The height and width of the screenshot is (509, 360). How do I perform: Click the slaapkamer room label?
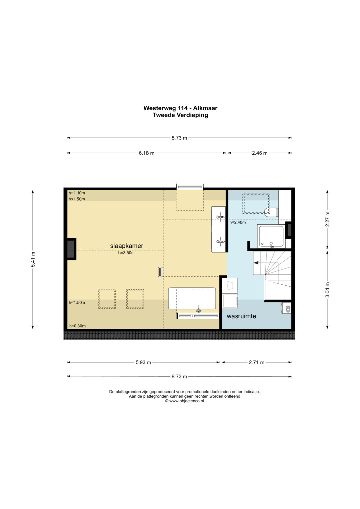point(127,246)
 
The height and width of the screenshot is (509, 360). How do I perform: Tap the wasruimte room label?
point(241,316)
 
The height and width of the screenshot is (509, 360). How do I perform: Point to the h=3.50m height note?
point(126,253)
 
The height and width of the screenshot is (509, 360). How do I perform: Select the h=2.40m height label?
point(237,222)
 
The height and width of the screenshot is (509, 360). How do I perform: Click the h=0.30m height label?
point(77,326)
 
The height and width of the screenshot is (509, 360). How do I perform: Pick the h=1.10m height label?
point(77,193)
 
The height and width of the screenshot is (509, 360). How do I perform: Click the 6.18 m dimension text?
point(147,153)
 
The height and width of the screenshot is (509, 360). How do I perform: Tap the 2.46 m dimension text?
point(260,153)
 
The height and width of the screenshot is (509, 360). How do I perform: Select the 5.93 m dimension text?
point(143,362)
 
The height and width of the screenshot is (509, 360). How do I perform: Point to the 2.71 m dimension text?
point(257,362)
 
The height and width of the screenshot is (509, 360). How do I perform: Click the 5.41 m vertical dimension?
point(33,259)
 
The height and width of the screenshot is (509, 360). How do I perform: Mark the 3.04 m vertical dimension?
point(327,290)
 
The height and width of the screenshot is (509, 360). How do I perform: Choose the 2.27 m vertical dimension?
point(327,219)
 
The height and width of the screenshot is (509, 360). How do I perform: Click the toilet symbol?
point(271,212)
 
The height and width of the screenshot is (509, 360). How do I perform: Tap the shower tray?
point(271,236)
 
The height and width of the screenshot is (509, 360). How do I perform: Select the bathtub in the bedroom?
point(192,298)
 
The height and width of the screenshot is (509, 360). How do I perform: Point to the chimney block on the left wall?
point(71,249)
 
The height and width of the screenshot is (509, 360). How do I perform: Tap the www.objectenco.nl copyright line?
point(184,401)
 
